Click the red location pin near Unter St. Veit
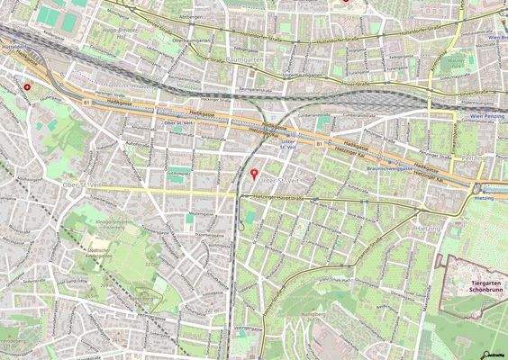coord(253,173)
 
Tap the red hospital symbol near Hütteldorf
coord(29,87)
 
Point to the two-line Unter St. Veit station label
coord(289,144)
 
